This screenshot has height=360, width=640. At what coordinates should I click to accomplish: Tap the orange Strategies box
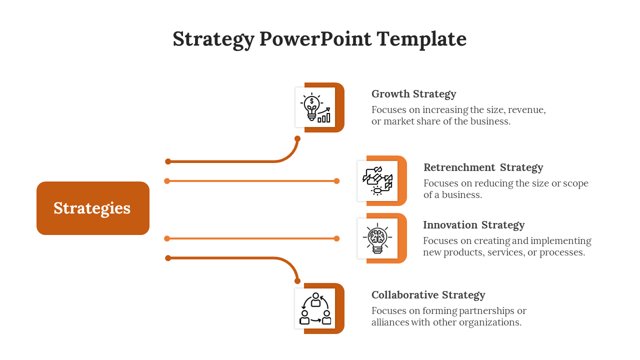(x=93, y=208)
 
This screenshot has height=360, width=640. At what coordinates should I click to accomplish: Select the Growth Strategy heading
(x=413, y=94)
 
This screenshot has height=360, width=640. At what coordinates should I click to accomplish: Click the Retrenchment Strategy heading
(x=483, y=167)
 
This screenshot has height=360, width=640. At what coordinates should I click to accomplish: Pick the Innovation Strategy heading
(x=473, y=225)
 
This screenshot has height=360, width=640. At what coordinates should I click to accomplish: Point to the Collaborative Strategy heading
(x=428, y=295)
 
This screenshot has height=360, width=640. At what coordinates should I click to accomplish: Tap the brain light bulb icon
(x=377, y=238)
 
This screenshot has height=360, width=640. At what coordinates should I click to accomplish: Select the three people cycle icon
(x=315, y=308)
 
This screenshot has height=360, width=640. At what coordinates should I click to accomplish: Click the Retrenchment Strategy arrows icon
(x=377, y=180)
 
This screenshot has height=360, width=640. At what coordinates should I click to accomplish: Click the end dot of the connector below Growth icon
(x=297, y=138)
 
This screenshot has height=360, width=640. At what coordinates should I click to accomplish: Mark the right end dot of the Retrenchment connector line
(x=336, y=181)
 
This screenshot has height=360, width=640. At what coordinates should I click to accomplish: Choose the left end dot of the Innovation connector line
(x=167, y=238)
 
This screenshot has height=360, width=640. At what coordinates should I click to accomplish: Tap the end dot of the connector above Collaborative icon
(x=297, y=281)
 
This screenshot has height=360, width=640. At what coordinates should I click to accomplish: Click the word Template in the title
(x=421, y=39)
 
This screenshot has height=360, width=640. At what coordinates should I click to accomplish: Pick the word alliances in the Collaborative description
(x=390, y=322)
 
